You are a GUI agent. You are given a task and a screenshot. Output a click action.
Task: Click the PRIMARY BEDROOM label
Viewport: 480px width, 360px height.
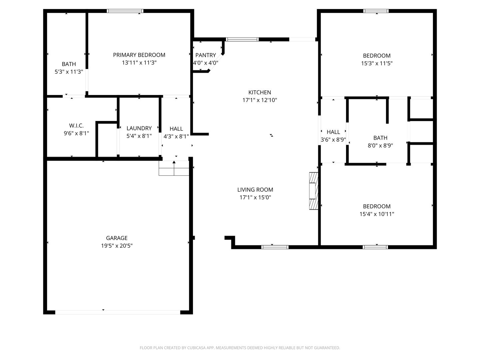point(139,55)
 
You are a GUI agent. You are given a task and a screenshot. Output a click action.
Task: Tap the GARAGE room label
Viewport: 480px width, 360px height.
point(117,238)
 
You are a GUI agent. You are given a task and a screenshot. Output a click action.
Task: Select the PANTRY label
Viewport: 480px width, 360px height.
point(206,55)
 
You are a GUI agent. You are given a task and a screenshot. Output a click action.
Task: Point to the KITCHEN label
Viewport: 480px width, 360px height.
point(260,92)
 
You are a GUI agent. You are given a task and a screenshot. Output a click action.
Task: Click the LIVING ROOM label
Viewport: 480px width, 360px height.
point(255,190)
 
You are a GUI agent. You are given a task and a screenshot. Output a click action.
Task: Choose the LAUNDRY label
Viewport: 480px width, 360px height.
point(139,128)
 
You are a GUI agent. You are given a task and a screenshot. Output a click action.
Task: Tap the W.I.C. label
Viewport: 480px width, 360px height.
point(76,125)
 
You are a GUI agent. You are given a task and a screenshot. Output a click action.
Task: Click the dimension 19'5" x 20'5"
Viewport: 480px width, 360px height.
point(117,246)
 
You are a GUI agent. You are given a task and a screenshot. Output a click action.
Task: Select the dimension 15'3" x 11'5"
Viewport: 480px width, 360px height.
point(377,63)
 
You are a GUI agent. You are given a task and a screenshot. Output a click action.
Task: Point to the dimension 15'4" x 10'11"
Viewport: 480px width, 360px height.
point(377,214)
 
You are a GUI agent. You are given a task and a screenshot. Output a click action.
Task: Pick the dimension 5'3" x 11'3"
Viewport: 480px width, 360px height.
point(69,72)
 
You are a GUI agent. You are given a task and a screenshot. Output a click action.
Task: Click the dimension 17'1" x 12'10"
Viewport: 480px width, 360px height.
point(260,100)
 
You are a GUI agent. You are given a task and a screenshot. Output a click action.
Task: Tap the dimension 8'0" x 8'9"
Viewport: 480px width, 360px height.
point(380,146)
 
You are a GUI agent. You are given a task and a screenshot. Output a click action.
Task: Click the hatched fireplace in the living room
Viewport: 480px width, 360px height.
point(314,191)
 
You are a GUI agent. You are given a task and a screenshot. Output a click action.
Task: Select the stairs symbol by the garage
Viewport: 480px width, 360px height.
point(174,168)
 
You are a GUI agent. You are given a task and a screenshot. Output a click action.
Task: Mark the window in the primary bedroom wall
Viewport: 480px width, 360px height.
point(125,11)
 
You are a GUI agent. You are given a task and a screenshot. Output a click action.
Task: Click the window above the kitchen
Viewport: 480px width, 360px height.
point(242,39)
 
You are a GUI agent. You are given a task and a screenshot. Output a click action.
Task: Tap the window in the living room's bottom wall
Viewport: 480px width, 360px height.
point(275,247)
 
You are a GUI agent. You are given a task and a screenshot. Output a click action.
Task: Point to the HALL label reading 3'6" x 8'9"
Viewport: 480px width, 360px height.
point(333,132)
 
